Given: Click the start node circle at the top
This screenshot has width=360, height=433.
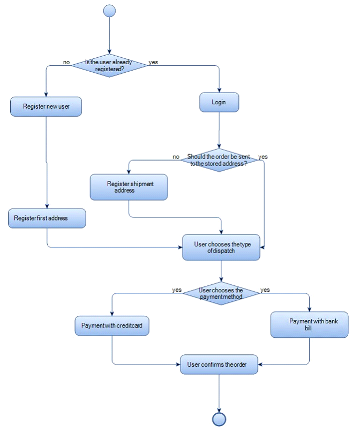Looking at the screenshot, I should (109, 11).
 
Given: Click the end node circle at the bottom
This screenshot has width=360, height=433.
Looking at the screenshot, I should (219, 419).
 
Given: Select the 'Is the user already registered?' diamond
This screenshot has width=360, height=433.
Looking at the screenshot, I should (109, 65).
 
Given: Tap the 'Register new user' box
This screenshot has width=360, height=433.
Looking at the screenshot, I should (46, 107).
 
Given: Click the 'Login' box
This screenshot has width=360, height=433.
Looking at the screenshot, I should (219, 102).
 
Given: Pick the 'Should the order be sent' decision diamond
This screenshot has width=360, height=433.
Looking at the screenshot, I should (219, 160).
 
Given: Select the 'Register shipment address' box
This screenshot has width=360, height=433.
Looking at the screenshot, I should (129, 187).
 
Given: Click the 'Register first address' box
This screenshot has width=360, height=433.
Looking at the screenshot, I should (47, 218).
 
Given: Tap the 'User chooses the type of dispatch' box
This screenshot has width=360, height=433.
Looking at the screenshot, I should (221, 247).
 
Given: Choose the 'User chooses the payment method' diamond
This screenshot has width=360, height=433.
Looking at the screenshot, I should (221, 293).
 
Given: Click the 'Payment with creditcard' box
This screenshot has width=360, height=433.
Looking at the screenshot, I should (111, 325).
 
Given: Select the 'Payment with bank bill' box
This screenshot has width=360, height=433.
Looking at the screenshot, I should (310, 325).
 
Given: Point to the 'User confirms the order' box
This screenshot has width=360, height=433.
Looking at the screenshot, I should (219, 364).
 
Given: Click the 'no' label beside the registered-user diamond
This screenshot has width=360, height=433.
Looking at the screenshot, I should (66, 62).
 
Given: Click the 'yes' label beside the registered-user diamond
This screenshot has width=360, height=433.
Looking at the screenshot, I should (153, 62).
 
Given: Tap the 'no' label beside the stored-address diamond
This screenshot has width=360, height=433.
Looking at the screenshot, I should (176, 157).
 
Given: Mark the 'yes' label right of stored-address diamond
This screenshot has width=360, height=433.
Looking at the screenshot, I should (263, 157).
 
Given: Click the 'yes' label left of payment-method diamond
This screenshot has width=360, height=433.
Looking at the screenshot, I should (177, 290).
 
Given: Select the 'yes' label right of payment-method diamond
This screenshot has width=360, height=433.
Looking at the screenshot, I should (265, 290).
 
